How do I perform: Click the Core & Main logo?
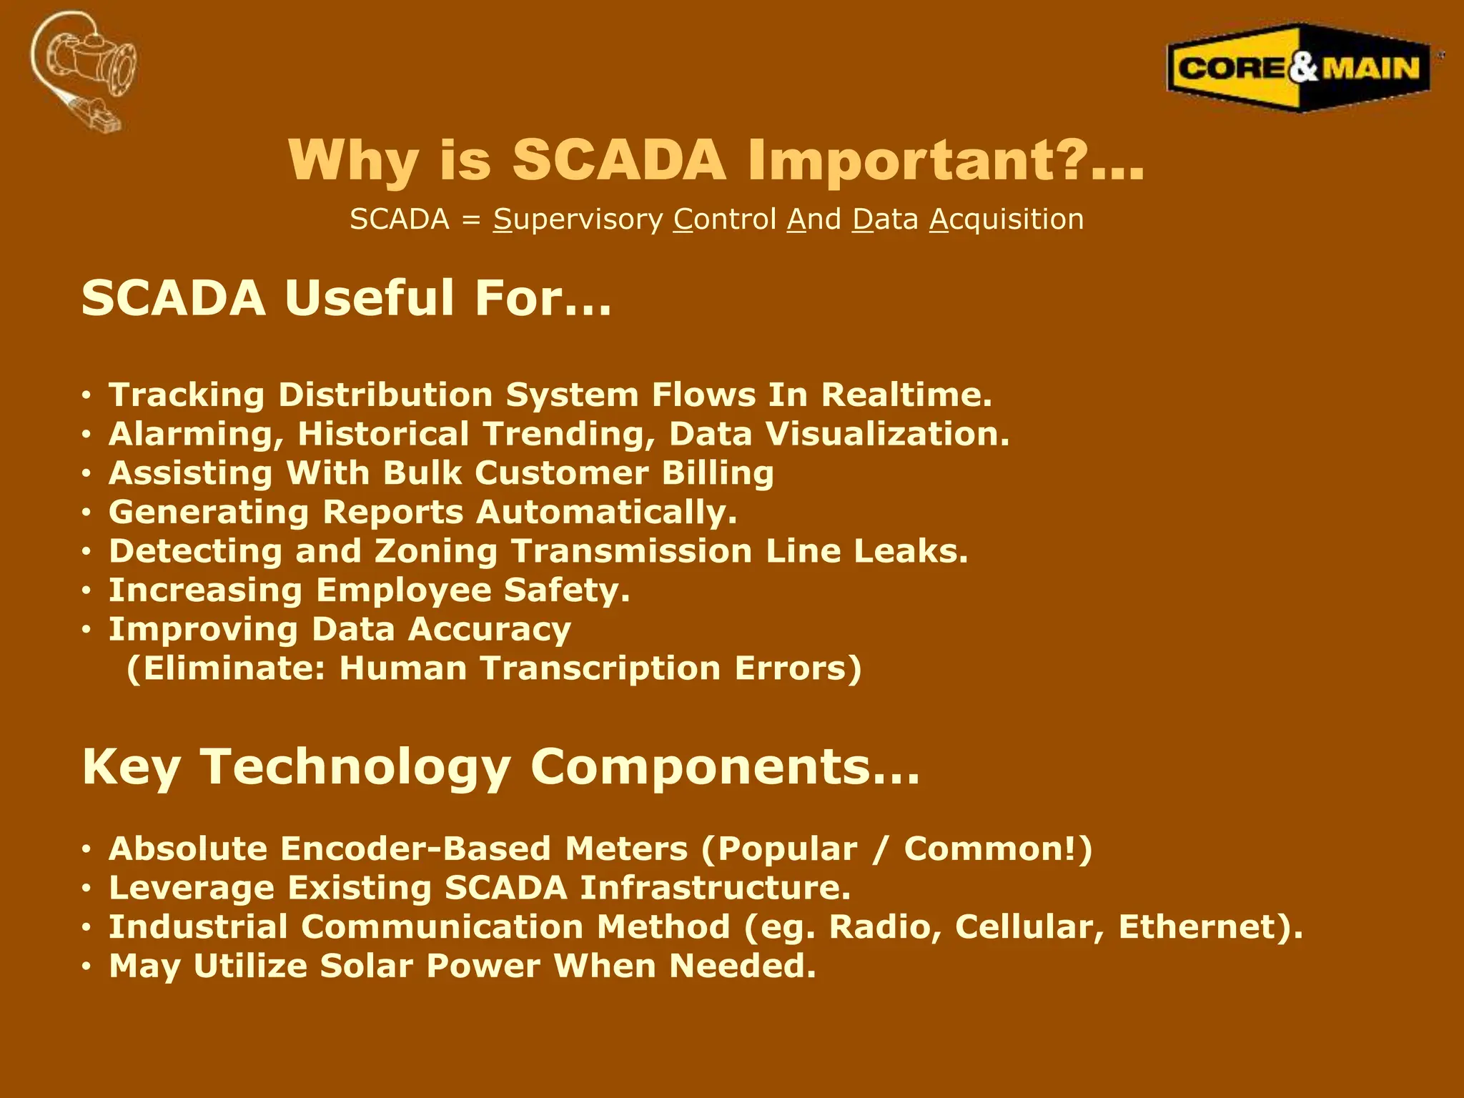pos(1299,69)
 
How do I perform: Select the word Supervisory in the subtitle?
pos(578,219)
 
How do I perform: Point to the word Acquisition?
pos(1006,219)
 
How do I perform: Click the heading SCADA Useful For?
pos(347,298)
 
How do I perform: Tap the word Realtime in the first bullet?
pos(906,395)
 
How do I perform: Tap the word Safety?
pos(566,590)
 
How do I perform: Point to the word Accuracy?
pos(490,630)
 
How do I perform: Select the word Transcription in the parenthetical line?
pos(600,668)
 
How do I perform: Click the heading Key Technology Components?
pos(500,767)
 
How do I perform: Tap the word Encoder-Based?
pos(415,849)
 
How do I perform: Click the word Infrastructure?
pos(715,888)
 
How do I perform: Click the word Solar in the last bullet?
pos(366,966)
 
